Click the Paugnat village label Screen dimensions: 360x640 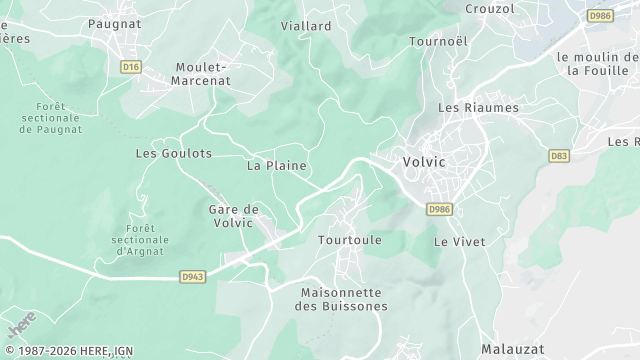116,22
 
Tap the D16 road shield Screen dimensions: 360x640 129,67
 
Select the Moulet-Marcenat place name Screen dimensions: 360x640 201,74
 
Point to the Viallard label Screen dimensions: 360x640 306,25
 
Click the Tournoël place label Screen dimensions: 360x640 439,41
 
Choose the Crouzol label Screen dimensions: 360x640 490,8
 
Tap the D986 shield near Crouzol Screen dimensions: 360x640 600,16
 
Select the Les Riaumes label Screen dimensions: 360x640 478,107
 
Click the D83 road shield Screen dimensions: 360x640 559,155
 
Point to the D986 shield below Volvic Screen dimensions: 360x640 439,209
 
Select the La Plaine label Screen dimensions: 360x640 276,165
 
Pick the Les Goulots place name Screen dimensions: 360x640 173,153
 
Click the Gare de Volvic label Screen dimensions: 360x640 233,216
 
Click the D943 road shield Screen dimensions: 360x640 193,276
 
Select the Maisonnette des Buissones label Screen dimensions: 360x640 344,299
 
